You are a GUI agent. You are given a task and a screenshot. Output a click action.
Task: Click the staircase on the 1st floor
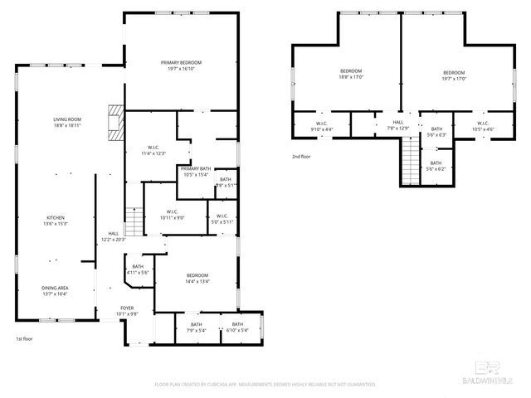[134, 221]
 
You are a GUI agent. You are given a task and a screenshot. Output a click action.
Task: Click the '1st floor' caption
[25, 339]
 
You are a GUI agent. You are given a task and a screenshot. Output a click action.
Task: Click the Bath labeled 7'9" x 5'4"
[196, 327]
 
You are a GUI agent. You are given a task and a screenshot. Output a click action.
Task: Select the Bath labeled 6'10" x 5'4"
[238, 327]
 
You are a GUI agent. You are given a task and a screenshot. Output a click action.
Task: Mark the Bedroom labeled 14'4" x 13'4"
[197, 278]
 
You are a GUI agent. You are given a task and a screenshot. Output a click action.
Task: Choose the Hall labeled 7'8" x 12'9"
[398, 124]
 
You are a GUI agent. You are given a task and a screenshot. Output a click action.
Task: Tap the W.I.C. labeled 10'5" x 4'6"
[484, 126]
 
